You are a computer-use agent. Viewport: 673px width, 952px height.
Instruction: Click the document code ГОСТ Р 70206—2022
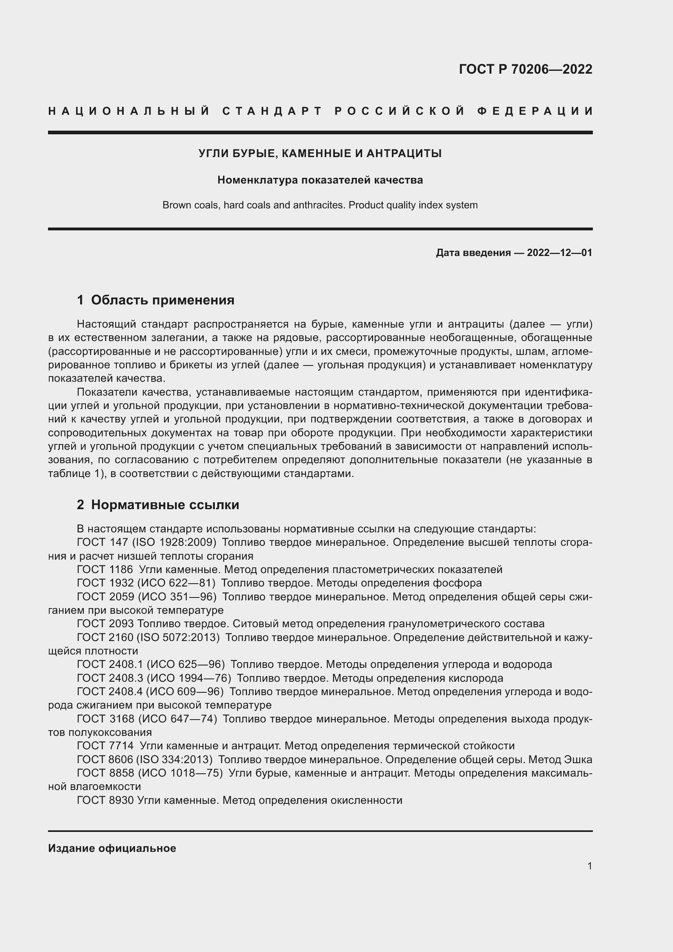(x=525, y=69)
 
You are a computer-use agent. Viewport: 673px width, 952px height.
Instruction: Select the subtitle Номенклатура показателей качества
(x=320, y=180)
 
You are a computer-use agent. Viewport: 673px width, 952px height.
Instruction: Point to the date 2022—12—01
(x=559, y=252)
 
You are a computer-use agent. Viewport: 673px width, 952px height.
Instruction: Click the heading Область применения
(x=162, y=300)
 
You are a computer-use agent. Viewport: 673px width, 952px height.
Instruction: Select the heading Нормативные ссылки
(x=165, y=505)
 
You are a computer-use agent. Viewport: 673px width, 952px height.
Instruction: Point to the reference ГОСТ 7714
(x=105, y=746)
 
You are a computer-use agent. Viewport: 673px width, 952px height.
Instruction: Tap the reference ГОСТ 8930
(x=105, y=800)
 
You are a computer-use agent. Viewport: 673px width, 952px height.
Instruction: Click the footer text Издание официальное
(x=112, y=848)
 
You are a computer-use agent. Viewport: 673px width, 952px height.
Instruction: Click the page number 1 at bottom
(x=589, y=866)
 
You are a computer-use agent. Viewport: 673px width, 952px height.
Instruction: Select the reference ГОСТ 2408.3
(x=110, y=678)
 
